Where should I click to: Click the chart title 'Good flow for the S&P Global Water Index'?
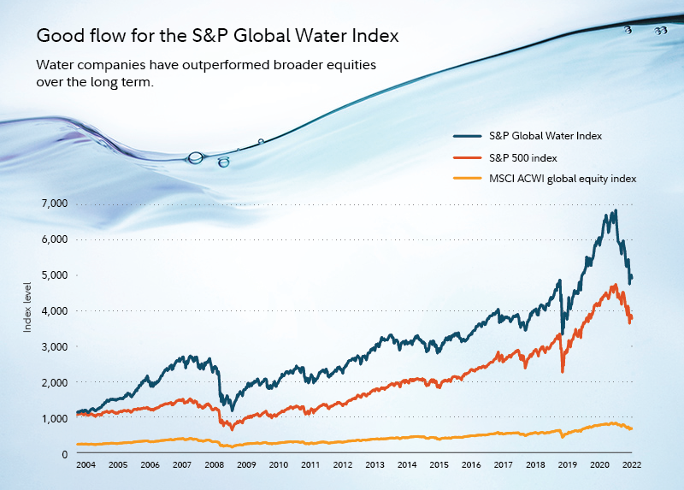click(x=217, y=38)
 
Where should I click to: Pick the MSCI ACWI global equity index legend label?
click(x=563, y=178)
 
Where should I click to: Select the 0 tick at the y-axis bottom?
click(x=64, y=455)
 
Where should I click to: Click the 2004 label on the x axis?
click(x=86, y=467)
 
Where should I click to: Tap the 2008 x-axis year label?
click(x=214, y=467)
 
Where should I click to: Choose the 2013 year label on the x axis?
click(x=374, y=467)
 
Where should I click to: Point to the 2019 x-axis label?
click(x=567, y=467)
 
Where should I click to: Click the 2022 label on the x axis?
click(x=632, y=467)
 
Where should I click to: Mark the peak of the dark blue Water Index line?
click(x=615, y=210)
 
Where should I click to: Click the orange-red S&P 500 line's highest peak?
click(x=614, y=285)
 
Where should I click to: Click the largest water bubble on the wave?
click(x=196, y=157)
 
